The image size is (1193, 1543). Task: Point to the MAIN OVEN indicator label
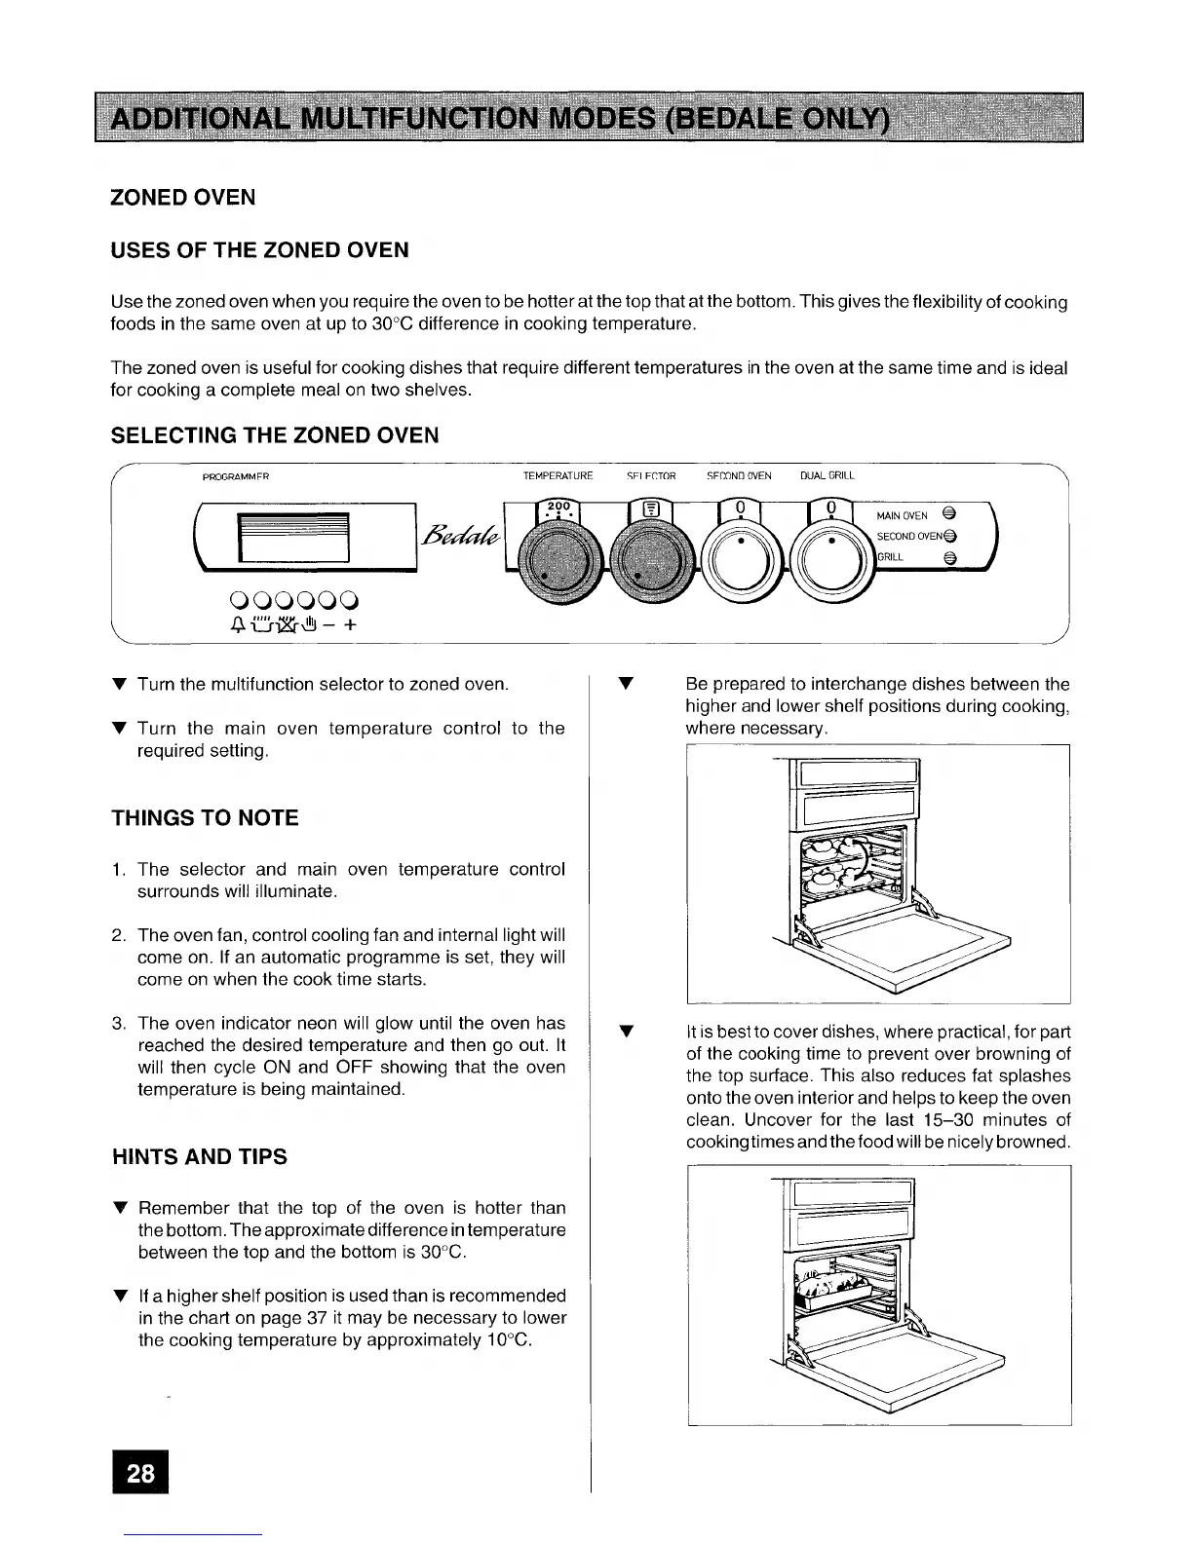[902, 516]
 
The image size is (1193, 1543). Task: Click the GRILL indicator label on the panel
[891, 558]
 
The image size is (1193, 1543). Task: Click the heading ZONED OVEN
[183, 198]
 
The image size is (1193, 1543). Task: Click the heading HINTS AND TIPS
[200, 1157]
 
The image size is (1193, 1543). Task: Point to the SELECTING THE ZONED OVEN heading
[275, 435]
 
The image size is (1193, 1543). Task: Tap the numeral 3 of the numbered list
[116, 1023]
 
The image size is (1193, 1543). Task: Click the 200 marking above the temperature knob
[557, 506]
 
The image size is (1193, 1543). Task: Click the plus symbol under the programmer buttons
[348, 627]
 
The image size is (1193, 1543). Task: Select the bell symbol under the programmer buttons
[231, 627]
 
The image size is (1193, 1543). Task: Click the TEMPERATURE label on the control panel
[558, 476]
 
